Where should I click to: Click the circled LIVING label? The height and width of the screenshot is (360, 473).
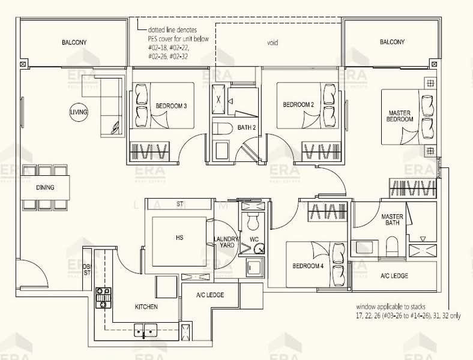pos(79,112)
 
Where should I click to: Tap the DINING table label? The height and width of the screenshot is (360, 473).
pos(45,188)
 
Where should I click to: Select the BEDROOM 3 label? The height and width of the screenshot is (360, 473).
pos(171,106)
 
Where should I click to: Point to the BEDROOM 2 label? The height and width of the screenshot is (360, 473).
pos(298,104)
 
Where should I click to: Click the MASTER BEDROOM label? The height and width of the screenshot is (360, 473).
pos(399,116)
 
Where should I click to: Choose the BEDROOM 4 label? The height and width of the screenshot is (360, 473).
pos(308,266)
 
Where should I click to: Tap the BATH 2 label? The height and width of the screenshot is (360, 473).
pos(247,128)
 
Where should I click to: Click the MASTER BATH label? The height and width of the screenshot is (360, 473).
pos(392,220)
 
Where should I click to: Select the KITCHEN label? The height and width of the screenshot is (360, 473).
pos(146,307)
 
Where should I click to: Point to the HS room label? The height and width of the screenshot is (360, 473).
pos(179,238)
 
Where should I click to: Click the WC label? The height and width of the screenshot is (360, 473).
pos(254,239)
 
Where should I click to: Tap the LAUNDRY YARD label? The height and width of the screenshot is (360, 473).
pos(226,242)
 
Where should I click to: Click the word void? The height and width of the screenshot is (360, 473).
pos(273,43)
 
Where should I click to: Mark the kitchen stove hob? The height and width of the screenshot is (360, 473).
pos(103,298)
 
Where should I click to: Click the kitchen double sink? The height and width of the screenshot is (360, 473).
pos(145,329)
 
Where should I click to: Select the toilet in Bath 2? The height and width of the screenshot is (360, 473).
pos(221,128)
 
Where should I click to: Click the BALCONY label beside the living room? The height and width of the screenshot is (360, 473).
pos(74,43)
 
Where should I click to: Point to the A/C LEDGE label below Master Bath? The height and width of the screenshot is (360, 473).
pos(394,275)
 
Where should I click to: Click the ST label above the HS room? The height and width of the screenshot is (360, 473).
pos(180,204)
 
